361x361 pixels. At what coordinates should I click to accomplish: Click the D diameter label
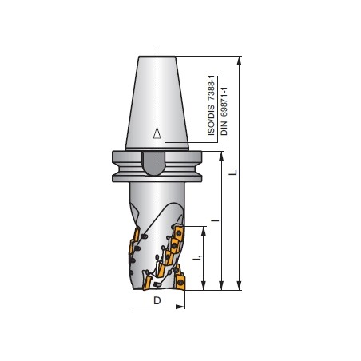click(157, 300)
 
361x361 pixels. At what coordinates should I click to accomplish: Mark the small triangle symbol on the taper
click(158, 133)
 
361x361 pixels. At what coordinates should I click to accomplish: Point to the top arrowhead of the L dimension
click(240, 61)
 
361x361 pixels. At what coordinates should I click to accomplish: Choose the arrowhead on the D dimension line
click(179, 307)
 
